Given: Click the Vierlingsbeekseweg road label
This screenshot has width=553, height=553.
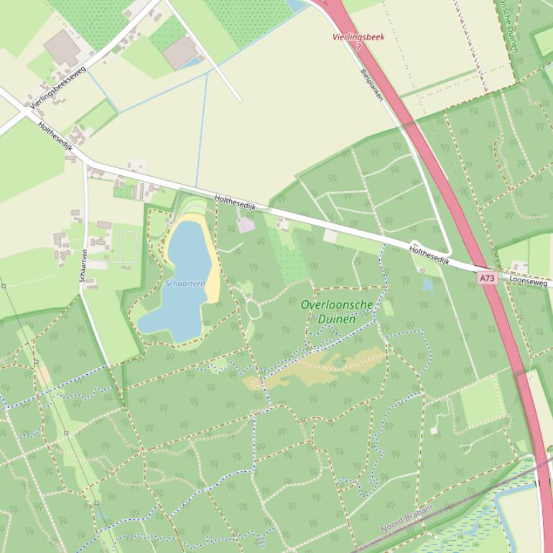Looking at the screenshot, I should (x=57, y=87).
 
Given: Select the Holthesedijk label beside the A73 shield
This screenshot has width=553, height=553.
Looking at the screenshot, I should (x=429, y=256).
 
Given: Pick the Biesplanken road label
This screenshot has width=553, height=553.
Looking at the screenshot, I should (x=372, y=85).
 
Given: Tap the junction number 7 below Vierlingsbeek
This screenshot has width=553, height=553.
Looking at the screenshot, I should (x=358, y=46).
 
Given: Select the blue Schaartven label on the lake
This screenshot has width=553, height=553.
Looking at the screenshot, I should (x=185, y=284).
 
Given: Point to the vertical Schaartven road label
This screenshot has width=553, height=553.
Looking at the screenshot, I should (x=84, y=265).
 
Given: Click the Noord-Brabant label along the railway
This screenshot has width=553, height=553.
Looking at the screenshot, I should (x=407, y=519).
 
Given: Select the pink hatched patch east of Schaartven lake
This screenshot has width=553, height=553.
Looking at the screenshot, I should (x=246, y=226).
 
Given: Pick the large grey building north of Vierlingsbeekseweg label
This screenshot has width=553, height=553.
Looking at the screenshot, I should (x=63, y=47).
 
